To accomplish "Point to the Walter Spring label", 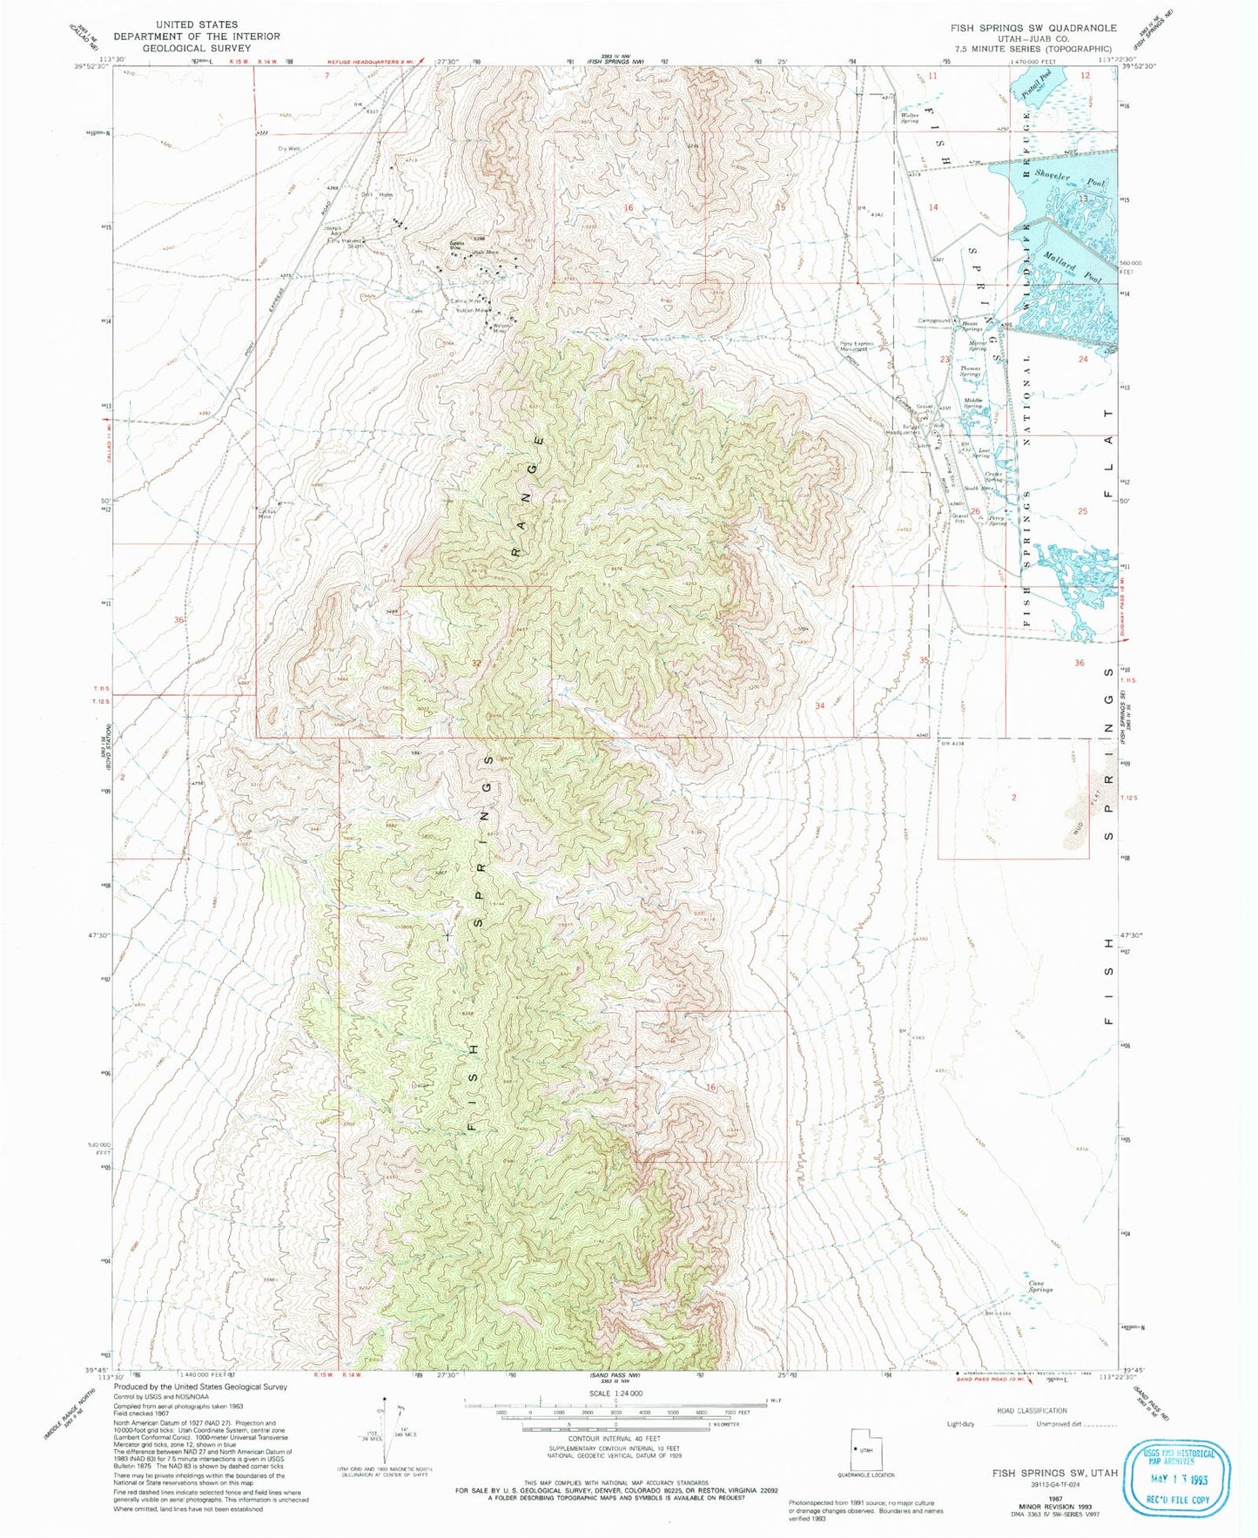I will (x=910, y=118).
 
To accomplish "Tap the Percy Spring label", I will (x=997, y=520).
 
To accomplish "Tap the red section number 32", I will (x=475, y=663).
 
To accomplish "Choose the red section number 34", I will (x=819, y=705).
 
